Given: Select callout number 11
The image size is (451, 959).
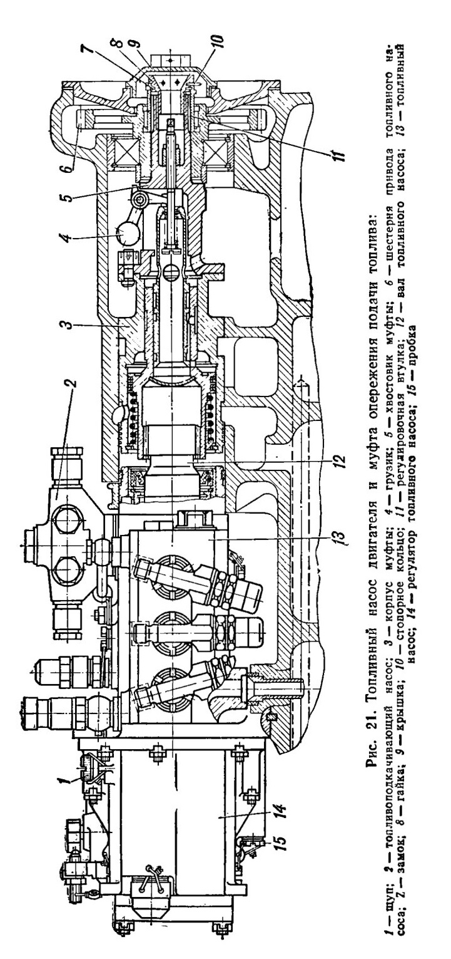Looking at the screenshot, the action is [x=335, y=152].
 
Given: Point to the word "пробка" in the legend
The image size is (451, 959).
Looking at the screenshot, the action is [x=414, y=348].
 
